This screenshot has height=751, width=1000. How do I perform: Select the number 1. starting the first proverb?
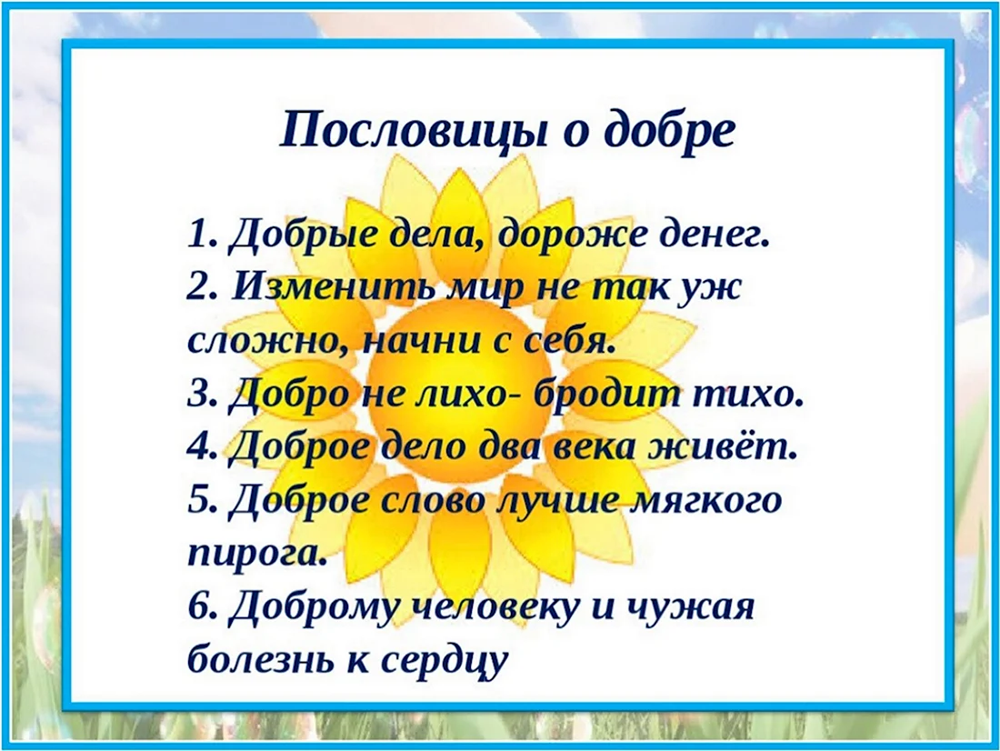[x=203, y=235]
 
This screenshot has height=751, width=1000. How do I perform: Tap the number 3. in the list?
[x=204, y=396]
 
